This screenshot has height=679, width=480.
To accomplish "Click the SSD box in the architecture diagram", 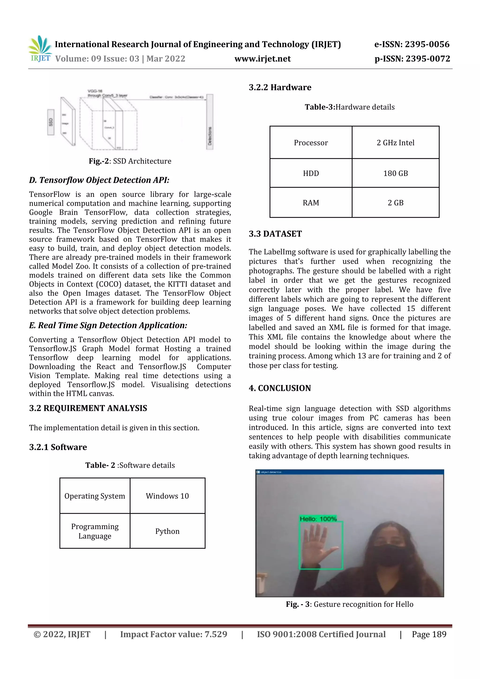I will (x=51, y=122).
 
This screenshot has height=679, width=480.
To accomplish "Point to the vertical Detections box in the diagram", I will (x=210, y=122).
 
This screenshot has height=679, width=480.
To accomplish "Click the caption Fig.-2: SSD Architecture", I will (x=130, y=161).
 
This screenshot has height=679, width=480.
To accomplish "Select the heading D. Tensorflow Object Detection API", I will (x=99, y=180).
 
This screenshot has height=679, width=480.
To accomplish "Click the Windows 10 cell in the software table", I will (x=167, y=496).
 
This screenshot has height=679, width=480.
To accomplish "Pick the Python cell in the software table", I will (x=167, y=531).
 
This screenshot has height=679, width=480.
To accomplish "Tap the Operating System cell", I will (x=95, y=496).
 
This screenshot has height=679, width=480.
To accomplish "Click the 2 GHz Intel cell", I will (x=395, y=143).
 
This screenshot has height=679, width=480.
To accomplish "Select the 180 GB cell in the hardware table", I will (x=395, y=173).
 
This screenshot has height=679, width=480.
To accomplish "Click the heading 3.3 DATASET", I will (x=275, y=234).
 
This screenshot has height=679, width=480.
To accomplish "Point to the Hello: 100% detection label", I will (x=318, y=519).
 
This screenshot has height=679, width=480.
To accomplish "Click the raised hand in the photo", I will (x=318, y=544).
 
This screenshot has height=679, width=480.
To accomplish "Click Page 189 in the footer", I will (x=429, y=634).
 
